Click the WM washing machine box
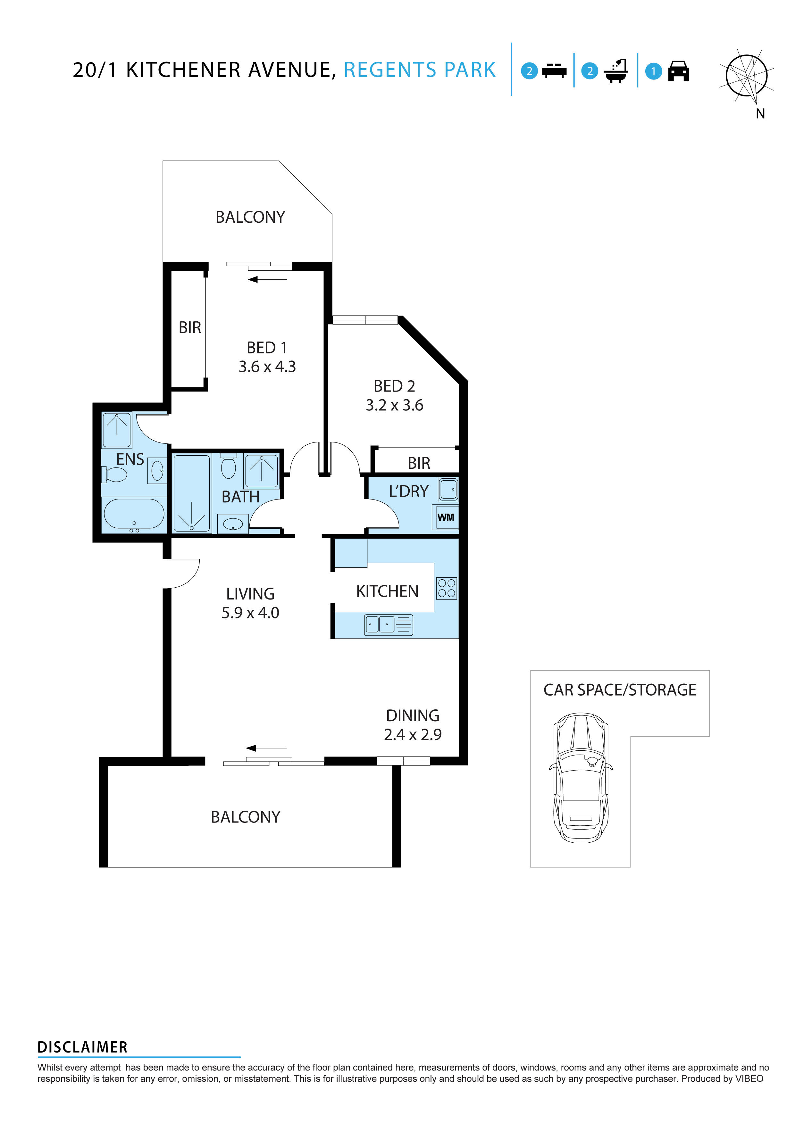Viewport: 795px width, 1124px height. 445,517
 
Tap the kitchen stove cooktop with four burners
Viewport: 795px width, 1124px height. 446,588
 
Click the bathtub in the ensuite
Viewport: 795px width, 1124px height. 134,514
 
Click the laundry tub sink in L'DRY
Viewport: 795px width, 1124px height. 448,489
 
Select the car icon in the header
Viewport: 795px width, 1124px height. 678,71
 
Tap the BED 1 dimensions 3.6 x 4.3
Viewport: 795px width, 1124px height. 267,367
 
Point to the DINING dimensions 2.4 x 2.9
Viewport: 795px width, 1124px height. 413,734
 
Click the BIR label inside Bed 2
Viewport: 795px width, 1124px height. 419,463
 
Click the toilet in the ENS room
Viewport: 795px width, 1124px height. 115,475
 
